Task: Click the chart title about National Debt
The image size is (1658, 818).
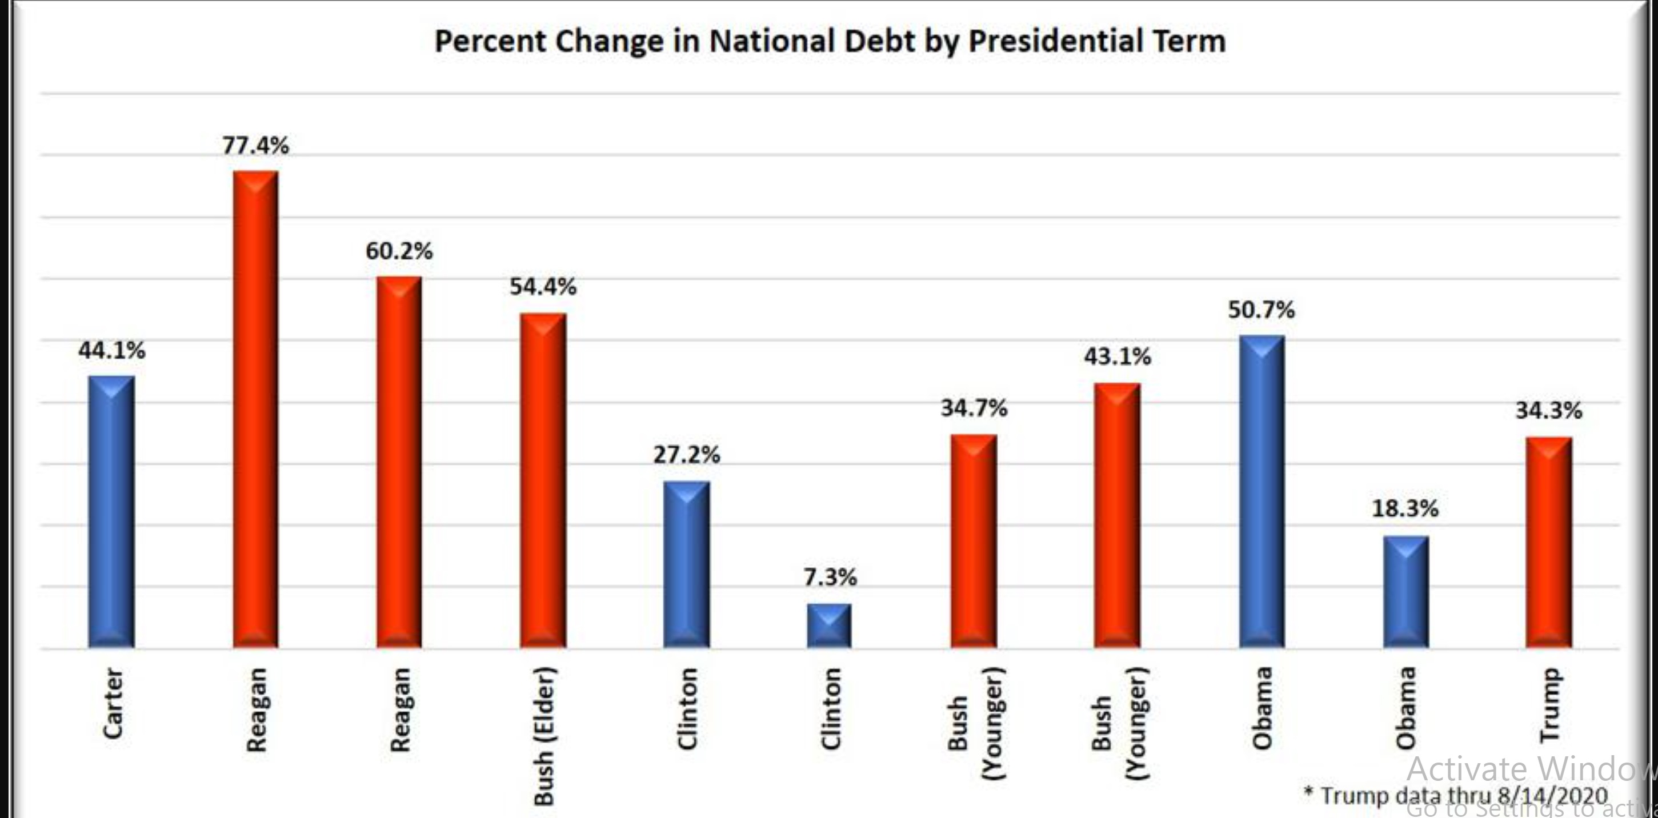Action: coord(830,41)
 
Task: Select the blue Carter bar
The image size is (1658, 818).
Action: coord(111,512)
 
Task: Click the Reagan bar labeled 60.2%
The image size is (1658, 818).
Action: coord(399,462)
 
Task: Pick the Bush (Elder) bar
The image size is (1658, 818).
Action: coord(543,480)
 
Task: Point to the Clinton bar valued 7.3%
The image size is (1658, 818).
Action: coord(830,625)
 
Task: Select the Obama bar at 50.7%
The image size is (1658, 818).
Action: coord(1261,492)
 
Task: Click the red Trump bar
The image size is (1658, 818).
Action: coord(1548,543)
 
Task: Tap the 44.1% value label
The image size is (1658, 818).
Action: coord(111,351)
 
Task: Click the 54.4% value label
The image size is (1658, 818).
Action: coord(543,287)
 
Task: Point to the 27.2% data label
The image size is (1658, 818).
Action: coord(687,455)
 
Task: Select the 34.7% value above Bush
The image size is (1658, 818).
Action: coord(974,408)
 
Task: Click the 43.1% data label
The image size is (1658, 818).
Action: coord(1118,356)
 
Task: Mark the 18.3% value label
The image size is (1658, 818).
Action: coord(1405,509)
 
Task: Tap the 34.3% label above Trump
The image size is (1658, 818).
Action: coord(1548,411)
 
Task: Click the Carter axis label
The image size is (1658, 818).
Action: coord(113,703)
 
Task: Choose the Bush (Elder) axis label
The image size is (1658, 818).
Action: coord(544,736)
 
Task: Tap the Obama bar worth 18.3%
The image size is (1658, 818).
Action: coord(1405,591)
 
